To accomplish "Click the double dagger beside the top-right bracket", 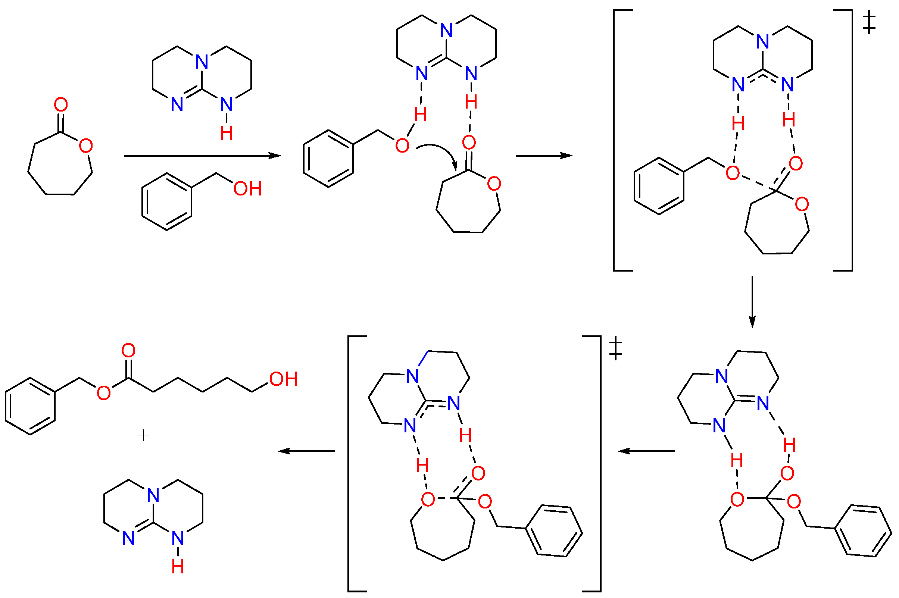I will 868,22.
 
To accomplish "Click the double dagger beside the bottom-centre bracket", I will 616,349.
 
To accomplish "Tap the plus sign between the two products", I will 143,435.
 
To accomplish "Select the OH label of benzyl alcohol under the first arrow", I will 247,189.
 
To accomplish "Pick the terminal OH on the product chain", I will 283,379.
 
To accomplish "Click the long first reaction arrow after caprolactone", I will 202,156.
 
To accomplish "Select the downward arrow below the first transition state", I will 752,301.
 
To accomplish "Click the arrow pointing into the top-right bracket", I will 543,156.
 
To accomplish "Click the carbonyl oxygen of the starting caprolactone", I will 61,105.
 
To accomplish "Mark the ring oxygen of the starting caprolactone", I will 86,146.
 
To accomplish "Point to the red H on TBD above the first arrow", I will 227,134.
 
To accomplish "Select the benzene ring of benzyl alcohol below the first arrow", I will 167,202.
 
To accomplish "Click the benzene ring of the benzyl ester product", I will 30,407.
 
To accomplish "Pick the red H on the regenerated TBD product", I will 178,567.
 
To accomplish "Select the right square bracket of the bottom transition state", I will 600,463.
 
